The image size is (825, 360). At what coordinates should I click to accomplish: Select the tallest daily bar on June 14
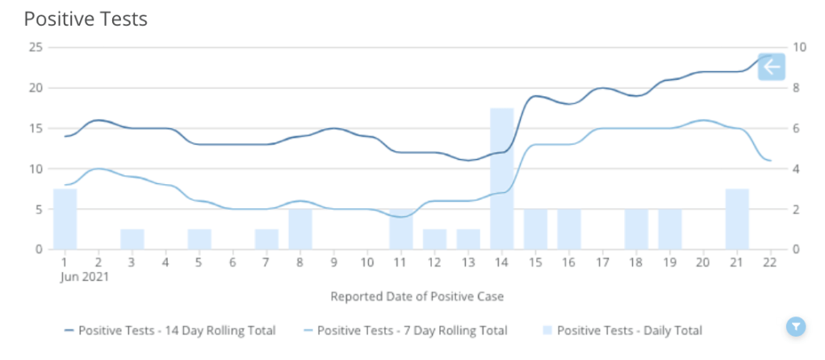point(502,178)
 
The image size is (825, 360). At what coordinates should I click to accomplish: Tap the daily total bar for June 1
point(65,219)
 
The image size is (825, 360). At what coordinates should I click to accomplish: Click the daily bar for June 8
point(300,229)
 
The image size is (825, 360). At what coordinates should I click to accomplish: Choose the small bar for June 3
point(132,239)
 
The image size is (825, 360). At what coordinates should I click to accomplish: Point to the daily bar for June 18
point(636,229)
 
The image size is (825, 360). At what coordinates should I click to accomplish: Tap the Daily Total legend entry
point(621,330)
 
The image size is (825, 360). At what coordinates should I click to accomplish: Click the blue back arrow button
point(771,66)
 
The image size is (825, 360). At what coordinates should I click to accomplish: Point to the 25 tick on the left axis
point(35,47)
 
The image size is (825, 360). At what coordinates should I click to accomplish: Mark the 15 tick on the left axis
point(35,128)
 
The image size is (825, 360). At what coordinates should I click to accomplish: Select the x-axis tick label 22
point(771,263)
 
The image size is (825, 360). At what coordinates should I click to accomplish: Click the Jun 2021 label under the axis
point(84,277)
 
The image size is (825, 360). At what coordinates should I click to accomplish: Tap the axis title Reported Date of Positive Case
point(417,296)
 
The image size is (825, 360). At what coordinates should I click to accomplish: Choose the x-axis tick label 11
point(400,263)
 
